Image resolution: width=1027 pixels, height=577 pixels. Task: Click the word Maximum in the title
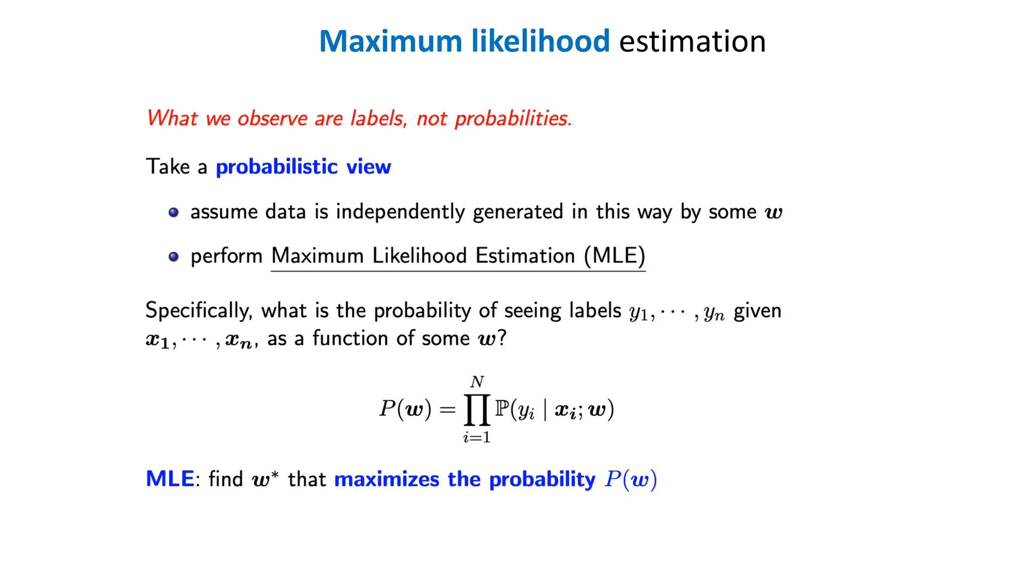[390, 41]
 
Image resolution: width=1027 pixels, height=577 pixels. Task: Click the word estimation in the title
[692, 41]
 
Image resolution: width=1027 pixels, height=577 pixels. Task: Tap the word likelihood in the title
[540, 41]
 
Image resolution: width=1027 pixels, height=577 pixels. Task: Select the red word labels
[378, 119]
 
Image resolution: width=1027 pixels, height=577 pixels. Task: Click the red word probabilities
[513, 119]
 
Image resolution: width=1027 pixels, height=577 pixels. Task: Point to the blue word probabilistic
[277, 167]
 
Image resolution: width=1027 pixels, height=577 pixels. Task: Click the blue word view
[369, 167]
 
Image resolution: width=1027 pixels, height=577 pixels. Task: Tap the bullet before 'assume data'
[174, 212]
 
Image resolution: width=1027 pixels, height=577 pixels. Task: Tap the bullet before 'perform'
[174, 257]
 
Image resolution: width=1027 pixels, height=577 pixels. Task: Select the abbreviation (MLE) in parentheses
[615, 256]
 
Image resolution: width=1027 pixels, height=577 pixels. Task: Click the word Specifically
[199, 311]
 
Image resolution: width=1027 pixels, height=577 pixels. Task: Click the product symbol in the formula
[476, 410]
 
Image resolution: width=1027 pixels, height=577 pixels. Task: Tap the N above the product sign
[477, 382]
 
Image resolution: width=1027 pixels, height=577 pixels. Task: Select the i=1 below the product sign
[476, 437]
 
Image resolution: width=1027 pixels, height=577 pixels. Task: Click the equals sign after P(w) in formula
[447, 410]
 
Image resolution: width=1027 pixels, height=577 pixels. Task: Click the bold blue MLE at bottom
[169, 479]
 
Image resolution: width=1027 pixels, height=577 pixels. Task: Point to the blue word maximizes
[387, 479]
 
